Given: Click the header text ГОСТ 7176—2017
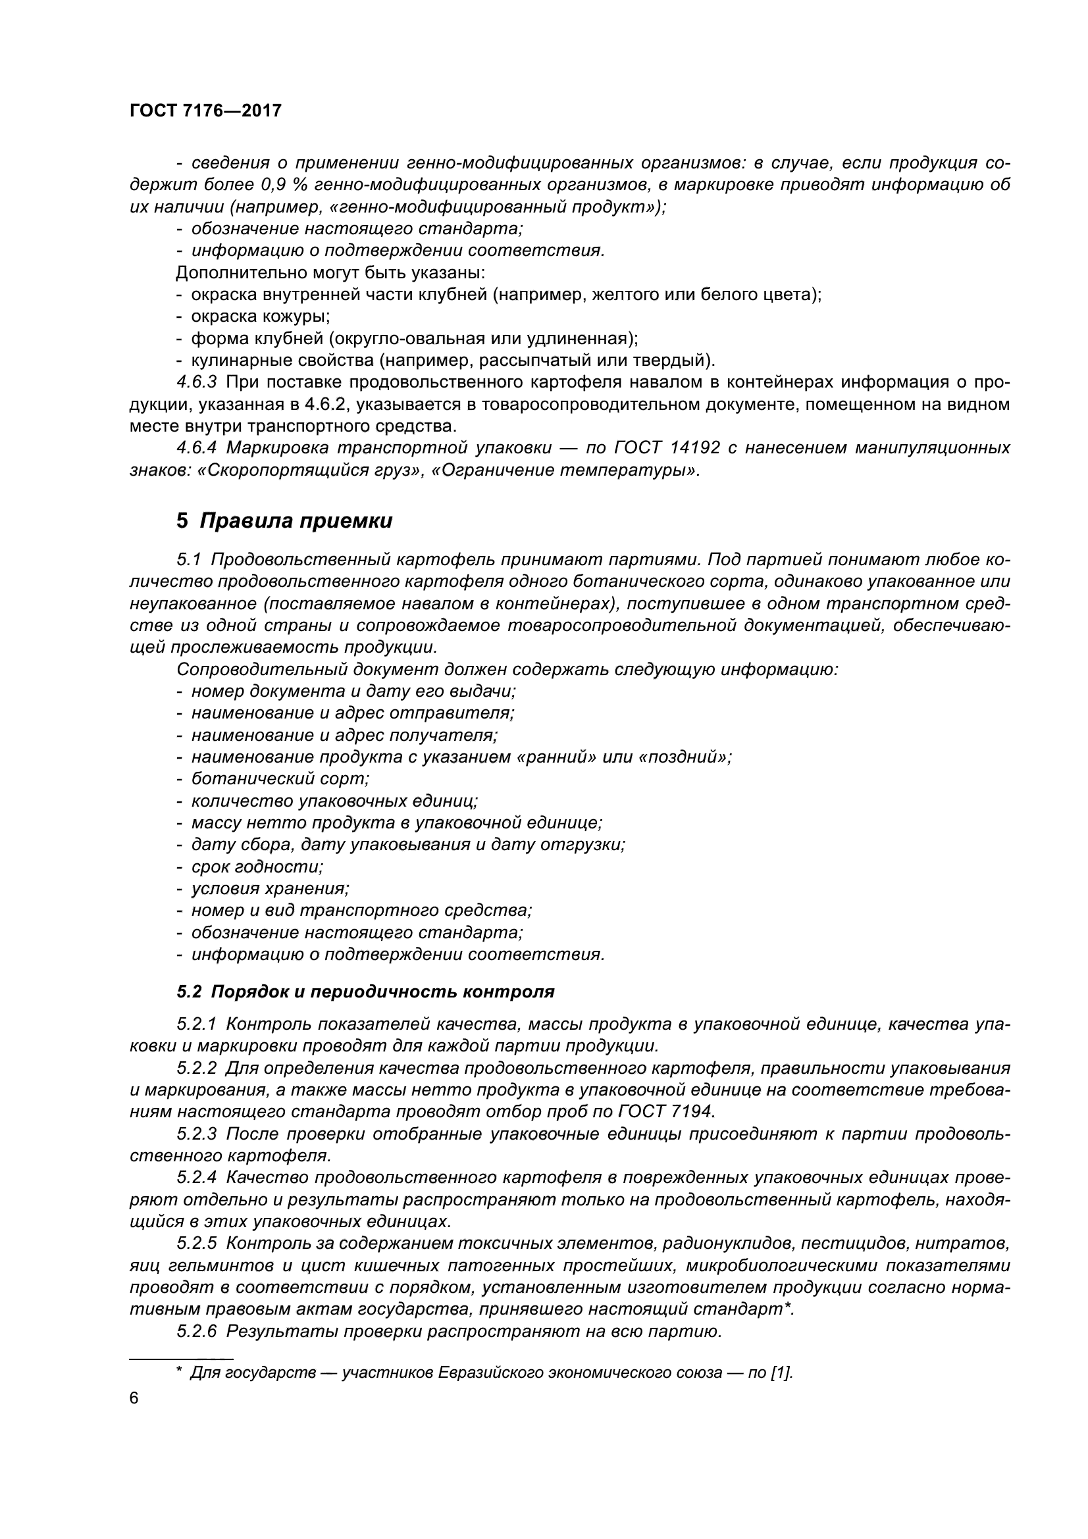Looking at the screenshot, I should (205, 111).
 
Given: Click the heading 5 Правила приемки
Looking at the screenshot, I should (284, 521).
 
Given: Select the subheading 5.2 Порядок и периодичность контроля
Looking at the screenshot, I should (365, 992).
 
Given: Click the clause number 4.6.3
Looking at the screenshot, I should (196, 382).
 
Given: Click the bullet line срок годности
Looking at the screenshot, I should (257, 867).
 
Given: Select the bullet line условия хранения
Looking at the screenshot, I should (270, 889).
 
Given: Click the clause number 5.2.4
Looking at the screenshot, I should (196, 1177).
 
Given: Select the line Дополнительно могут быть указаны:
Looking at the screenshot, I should (330, 273).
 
